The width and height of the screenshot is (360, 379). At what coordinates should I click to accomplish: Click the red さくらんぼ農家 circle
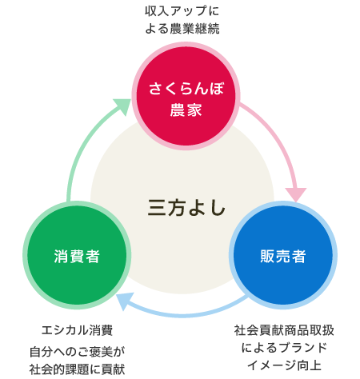(x=186, y=96)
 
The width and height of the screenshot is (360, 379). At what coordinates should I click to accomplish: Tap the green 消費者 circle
(x=77, y=255)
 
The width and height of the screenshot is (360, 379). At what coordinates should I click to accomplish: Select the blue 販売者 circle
(x=283, y=255)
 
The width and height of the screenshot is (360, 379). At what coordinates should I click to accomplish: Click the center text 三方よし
(x=186, y=208)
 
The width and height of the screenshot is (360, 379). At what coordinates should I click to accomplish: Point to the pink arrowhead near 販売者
(x=296, y=194)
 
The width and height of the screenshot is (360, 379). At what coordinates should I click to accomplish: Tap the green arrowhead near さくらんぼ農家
(x=122, y=106)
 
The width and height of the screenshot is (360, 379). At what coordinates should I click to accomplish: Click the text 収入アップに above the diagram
(x=182, y=11)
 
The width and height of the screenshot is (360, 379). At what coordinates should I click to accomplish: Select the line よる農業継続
(x=182, y=29)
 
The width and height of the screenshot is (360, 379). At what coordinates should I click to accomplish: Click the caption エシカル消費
(x=77, y=330)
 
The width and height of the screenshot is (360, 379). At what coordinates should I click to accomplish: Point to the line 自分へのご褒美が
(x=77, y=352)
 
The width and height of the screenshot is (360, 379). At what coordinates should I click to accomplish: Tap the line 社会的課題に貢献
(x=77, y=369)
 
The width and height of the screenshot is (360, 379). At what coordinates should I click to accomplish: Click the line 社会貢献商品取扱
(x=284, y=330)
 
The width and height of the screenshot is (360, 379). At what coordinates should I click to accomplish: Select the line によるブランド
(x=284, y=348)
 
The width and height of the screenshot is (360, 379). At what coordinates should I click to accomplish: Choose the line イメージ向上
(x=284, y=365)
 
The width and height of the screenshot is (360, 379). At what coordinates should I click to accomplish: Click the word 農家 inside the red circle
(x=186, y=110)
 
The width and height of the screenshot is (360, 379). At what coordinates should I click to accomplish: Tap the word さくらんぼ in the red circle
(x=186, y=89)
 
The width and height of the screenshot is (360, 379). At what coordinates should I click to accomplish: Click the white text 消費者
(x=77, y=256)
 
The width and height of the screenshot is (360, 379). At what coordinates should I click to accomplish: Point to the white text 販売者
(x=283, y=256)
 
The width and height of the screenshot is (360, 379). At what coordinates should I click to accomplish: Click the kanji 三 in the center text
(x=157, y=208)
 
